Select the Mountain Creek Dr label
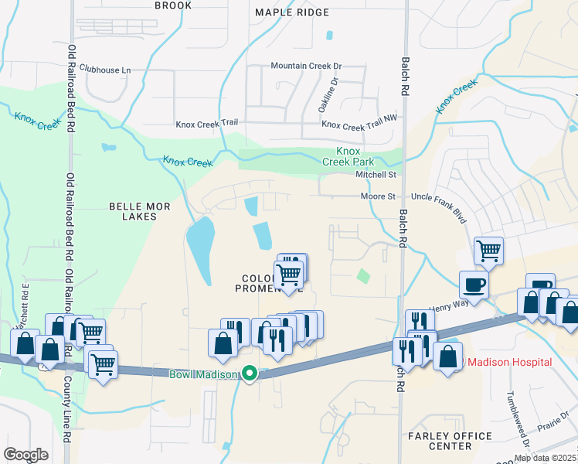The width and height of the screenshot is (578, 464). [x=306, y=67]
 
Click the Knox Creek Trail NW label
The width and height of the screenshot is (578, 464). [x=359, y=124]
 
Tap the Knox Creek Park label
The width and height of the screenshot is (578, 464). [x=355, y=156]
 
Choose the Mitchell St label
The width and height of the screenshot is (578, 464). [x=375, y=176]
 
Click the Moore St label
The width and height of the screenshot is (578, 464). [x=378, y=197]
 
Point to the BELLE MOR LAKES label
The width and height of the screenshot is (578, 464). [x=133, y=211]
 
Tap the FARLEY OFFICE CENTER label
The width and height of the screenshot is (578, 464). [x=450, y=442]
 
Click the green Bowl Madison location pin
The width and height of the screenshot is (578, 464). [x=250, y=374]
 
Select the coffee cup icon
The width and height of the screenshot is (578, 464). [x=474, y=285]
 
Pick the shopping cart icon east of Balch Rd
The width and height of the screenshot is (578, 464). [x=488, y=251]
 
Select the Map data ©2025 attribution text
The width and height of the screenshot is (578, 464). [x=546, y=458]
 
